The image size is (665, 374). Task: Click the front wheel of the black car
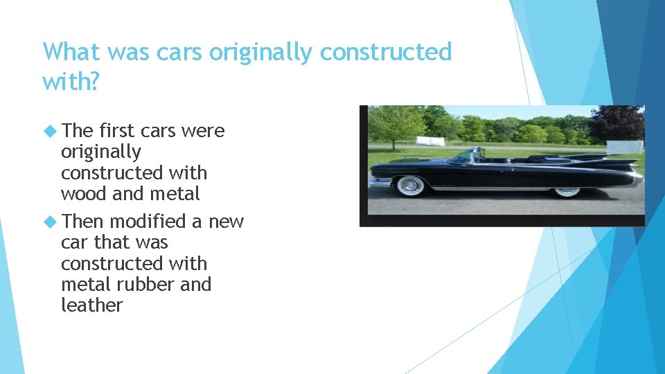pyautogui.click(x=410, y=185)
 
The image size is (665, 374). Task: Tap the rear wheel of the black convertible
pyautogui.click(x=567, y=188)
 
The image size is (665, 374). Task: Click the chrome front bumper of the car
pyautogui.click(x=380, y=182)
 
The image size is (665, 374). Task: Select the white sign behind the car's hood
pyautogui.click(x=429, y=141)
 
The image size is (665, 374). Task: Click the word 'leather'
pyautogui.click(x=91, y=305)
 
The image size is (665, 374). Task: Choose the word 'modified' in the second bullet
pyautogui.click(x=147, y=221)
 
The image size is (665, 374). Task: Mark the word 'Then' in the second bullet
pyautogui.click(x=82, y=221)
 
